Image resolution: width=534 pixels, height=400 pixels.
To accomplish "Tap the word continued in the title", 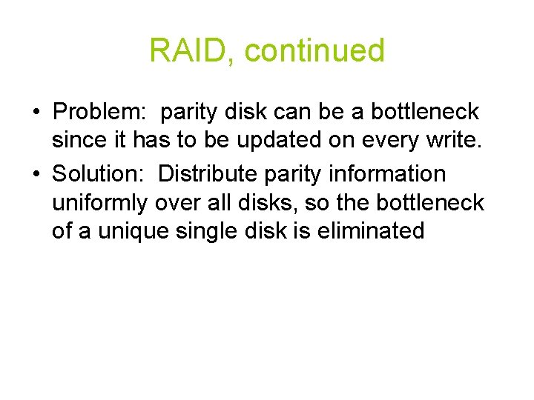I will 314,50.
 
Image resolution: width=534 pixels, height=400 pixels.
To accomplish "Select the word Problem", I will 101,113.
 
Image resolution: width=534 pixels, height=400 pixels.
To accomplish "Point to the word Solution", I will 102,173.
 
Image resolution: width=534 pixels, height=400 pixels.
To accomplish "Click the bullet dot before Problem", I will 35,113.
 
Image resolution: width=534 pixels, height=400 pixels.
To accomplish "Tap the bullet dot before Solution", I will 35,174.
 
